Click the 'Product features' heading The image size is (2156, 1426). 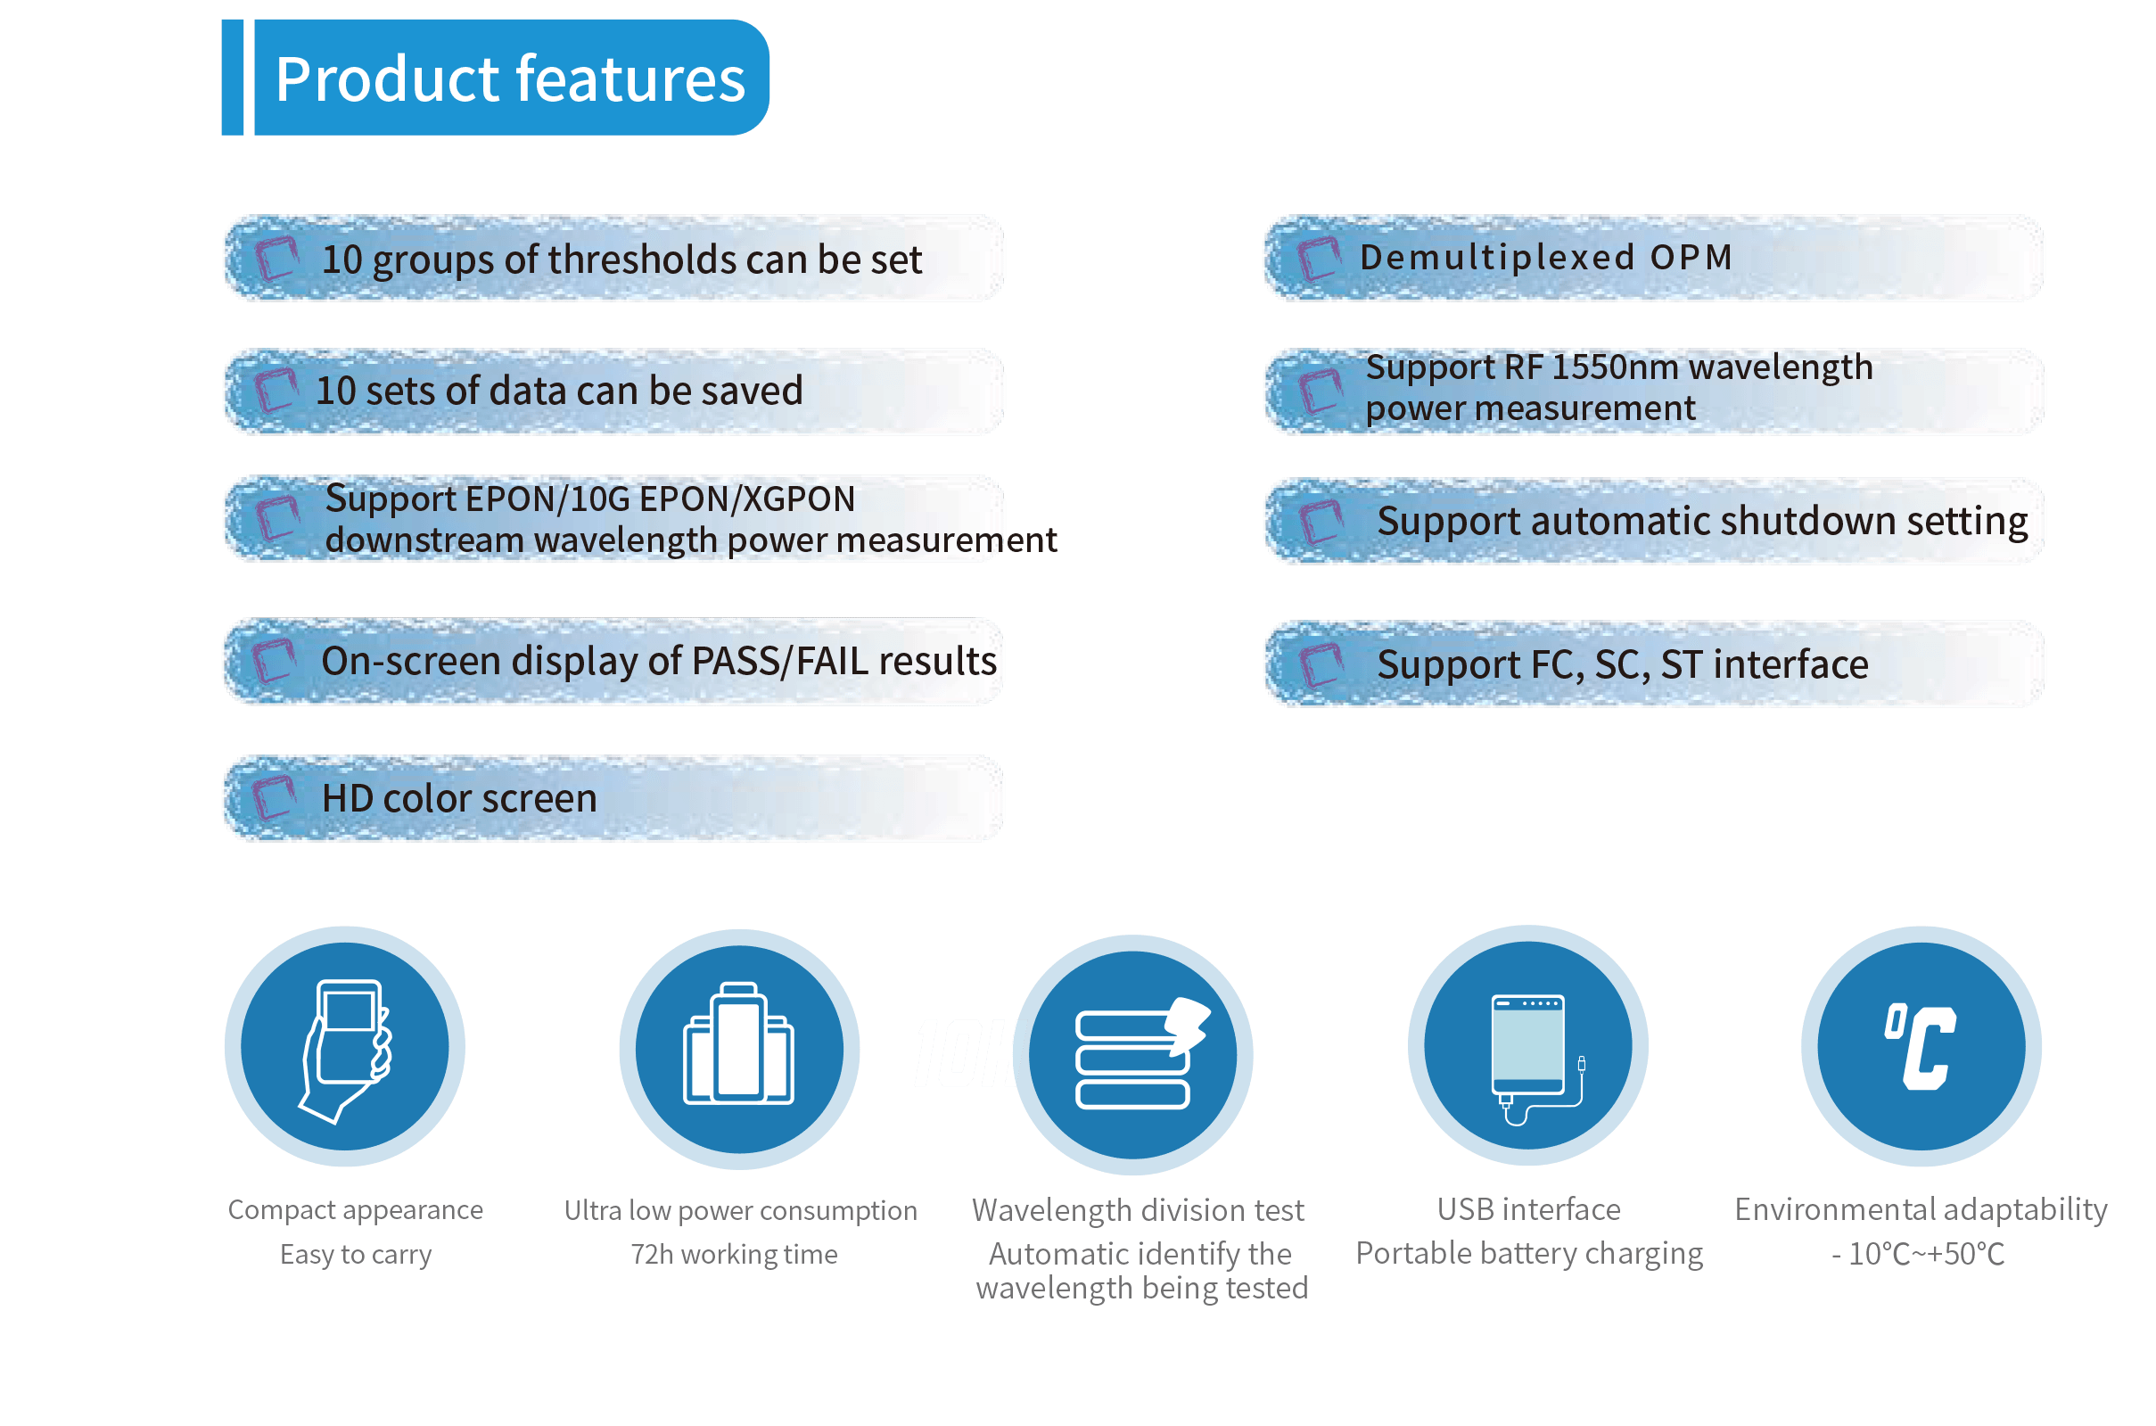pyautogui.click(x=510, y=79)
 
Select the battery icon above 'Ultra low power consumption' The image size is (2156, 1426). pyautogui.click(x=739, y=1043)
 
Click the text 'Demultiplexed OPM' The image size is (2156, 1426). pyautogui.click(x=1546, y=258)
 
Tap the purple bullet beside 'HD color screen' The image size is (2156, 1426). pyautogui.click(x=275, y=797)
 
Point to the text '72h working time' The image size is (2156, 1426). pyautogui.click(x=734, y=1254)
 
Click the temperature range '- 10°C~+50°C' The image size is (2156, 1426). pyautogui.click(x=1919, y=1254)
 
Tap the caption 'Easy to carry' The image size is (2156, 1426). pyautogui.click(x=356, y=1255)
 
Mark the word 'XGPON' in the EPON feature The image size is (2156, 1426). pyautogui.click(x=799, y=499)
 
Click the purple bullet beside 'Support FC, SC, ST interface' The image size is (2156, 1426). pyautogui.click(x=1321, y=664)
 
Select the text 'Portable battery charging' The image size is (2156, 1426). pyautogui.click(x=1529, y=1254)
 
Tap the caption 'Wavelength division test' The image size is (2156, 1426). pyautogui.click(x=1138, y=1210)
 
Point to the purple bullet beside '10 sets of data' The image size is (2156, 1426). pyautogui.click(x=276, y=390)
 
